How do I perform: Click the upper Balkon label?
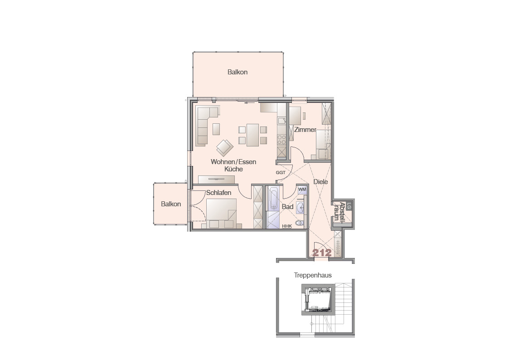click(238, 72)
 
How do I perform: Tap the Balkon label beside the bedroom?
click(171, 204)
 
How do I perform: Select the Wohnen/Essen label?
click(233, 162)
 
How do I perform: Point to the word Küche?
click(233, 169)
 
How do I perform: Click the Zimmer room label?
click(305, 130)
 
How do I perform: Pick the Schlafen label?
click(219, 193)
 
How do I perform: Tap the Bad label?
click(288, 206)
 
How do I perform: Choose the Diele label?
click(320, 182)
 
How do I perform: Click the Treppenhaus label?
click(313, 275)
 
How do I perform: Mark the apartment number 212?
click(322, 253)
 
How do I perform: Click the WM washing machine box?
click(302, 189)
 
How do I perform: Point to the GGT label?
click(281, 172)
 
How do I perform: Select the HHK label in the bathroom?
click(287, 226)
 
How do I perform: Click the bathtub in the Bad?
click(273, 198)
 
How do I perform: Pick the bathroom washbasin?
click(301, 207)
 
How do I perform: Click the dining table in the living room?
click(252, 135)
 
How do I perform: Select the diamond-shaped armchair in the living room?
click(225, 148)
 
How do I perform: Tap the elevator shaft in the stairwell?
click(318, 300)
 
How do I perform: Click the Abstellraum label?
click(339, 211)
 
